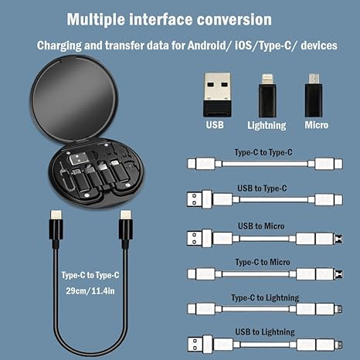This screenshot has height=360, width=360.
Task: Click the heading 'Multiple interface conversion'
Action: pyautogui.click(x=169, y=19)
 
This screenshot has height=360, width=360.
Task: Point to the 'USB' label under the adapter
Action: pyautogui.click(x=217, y=124)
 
